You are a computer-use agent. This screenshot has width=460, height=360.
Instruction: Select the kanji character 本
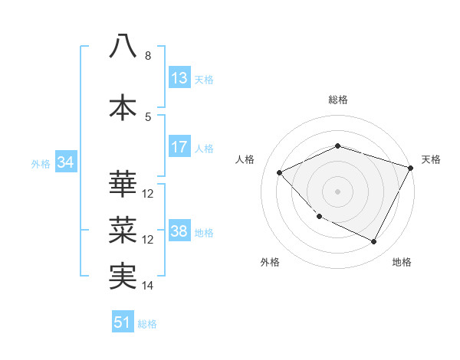click(123, 107)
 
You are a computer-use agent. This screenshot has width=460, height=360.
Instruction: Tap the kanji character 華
click(123, 184)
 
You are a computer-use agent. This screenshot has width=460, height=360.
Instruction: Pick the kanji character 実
click(123, 276)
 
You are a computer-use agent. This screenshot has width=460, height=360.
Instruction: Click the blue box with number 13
click(179, 78)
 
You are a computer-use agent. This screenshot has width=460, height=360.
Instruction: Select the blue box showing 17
click(179, 147)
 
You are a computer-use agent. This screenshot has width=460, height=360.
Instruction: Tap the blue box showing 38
click(179, 231)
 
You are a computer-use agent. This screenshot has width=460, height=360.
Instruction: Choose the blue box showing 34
click(65, 162)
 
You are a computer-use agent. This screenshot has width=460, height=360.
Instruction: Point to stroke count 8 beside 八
click(148, 56)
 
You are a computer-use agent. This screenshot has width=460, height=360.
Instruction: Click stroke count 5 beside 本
click(148, 117)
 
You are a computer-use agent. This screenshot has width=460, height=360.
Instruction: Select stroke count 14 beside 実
click(148, 286)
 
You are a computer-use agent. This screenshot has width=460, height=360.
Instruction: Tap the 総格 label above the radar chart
click(338, 100)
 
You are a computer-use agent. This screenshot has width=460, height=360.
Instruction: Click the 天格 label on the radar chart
click(431, 159)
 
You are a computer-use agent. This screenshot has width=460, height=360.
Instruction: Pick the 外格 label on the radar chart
click(270, 262)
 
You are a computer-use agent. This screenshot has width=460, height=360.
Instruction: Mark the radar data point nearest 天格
click(412, 168)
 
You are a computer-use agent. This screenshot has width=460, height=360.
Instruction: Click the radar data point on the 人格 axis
click(280, 173)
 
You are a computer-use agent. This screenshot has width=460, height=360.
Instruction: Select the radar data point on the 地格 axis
click(373, 242)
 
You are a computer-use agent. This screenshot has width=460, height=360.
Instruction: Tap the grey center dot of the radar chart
click(338, 191)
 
